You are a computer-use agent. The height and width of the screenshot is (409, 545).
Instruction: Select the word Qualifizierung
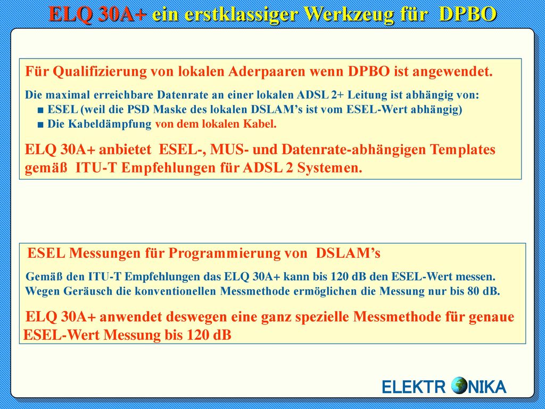(x=99, y=72)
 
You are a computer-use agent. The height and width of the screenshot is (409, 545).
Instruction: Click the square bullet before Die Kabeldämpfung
(x=40, y=125)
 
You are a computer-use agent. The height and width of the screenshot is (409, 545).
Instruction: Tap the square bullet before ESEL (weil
(x=40, y=110)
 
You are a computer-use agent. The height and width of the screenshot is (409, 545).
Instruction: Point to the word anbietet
(x=125, y=150)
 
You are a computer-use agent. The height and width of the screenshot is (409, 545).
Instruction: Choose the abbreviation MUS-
(x=227, y=150)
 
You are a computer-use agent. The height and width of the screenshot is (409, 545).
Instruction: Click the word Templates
(x=463, y=150)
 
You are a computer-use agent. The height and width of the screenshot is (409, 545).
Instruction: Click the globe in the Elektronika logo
(x=459, y=386)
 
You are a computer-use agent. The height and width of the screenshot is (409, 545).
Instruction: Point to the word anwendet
(x=131, y=317)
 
